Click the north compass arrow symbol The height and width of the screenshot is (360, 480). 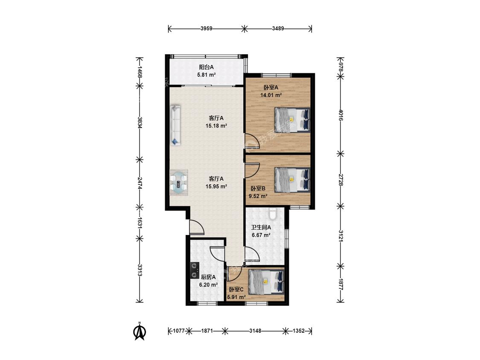coord(140,331)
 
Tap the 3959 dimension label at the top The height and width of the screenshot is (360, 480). coord(207,29)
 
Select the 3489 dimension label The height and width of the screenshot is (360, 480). coord(278,29)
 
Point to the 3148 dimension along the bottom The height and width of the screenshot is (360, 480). coord(255,331)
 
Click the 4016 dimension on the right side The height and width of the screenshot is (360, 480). coord(341,115)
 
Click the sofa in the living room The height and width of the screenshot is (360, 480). coord(175,125)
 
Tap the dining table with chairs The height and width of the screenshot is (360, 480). coord(179,183)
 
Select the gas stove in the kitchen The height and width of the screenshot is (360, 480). coord(195,270)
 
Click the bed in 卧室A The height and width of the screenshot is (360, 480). coord(292,120)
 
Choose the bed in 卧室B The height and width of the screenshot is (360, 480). coord(292,180)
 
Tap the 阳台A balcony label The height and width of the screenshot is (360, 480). coord(207,67)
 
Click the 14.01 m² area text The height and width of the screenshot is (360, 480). coord(271,95)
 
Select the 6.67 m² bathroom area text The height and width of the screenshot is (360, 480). coord(261,235)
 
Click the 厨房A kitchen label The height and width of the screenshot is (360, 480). coord(208,277)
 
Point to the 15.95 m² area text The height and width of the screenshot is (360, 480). coord(216,186)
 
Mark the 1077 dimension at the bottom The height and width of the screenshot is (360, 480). coord(179,331)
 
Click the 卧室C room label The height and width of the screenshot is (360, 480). coord(236,289)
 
